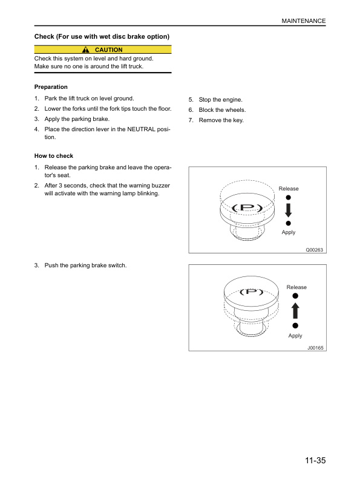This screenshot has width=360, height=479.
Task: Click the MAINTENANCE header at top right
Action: click(x=304, y=21)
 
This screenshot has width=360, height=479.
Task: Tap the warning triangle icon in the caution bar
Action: click(x=85, y=50)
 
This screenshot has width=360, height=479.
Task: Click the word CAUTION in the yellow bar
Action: click(x=108, y=50)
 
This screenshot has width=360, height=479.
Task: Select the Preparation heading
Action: click(x=51, y=86)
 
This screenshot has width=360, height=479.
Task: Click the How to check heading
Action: click(x=54, y=156)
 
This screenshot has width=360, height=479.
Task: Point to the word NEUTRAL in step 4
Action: click(x=141, y=129)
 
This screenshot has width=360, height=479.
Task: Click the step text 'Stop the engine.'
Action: click(x=220, y=100)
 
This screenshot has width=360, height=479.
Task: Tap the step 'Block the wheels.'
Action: click(x=222, y=110)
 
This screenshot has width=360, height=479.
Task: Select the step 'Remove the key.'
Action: click(x=221, y=120)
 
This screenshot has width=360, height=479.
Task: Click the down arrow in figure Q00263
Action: click(x=288, y=210)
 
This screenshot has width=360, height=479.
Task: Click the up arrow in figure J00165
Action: click(x=295, y=311)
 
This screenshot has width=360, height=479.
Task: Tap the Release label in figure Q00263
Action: click(x=289, y=189)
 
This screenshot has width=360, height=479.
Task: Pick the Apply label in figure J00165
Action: click(x=295, y=336)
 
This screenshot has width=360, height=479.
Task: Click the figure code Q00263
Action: click(x=314, y=250)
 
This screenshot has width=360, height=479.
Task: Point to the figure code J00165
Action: click(x=315, y=348)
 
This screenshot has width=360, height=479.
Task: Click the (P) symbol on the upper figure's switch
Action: click(x=247, y=208)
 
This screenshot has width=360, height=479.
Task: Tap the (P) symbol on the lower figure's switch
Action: click(x=251, y=292)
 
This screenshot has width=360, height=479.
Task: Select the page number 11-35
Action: click(x=315, y=460)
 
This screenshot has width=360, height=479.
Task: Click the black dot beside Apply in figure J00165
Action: click(x=295, y=325)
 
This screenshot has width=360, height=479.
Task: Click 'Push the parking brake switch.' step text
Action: click(x=85, y=266)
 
